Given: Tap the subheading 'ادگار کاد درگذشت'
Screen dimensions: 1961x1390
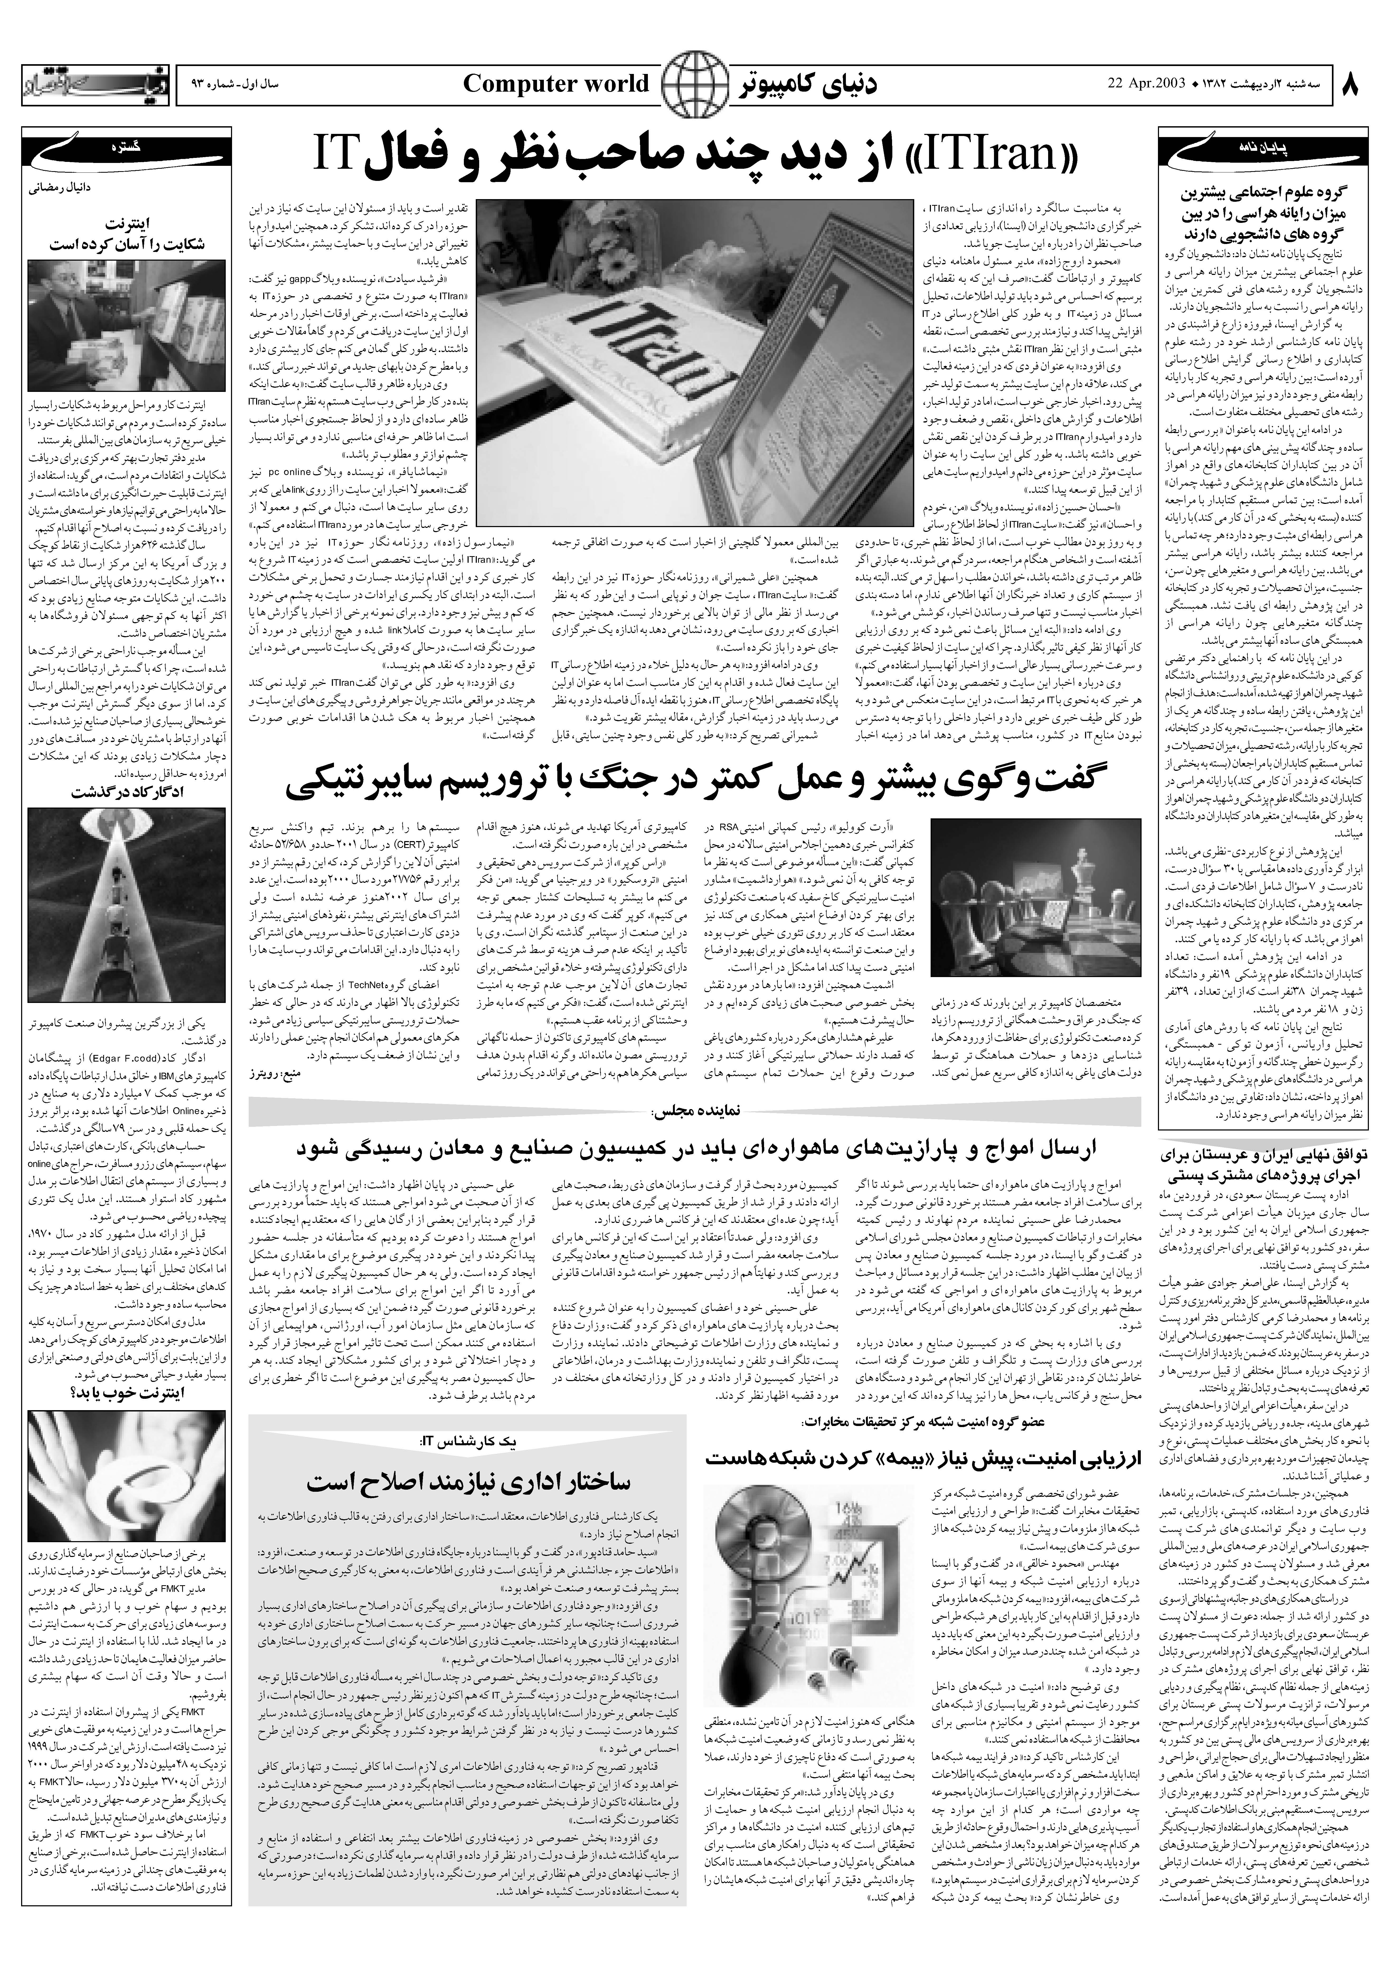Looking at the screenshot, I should tap(128, 793).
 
